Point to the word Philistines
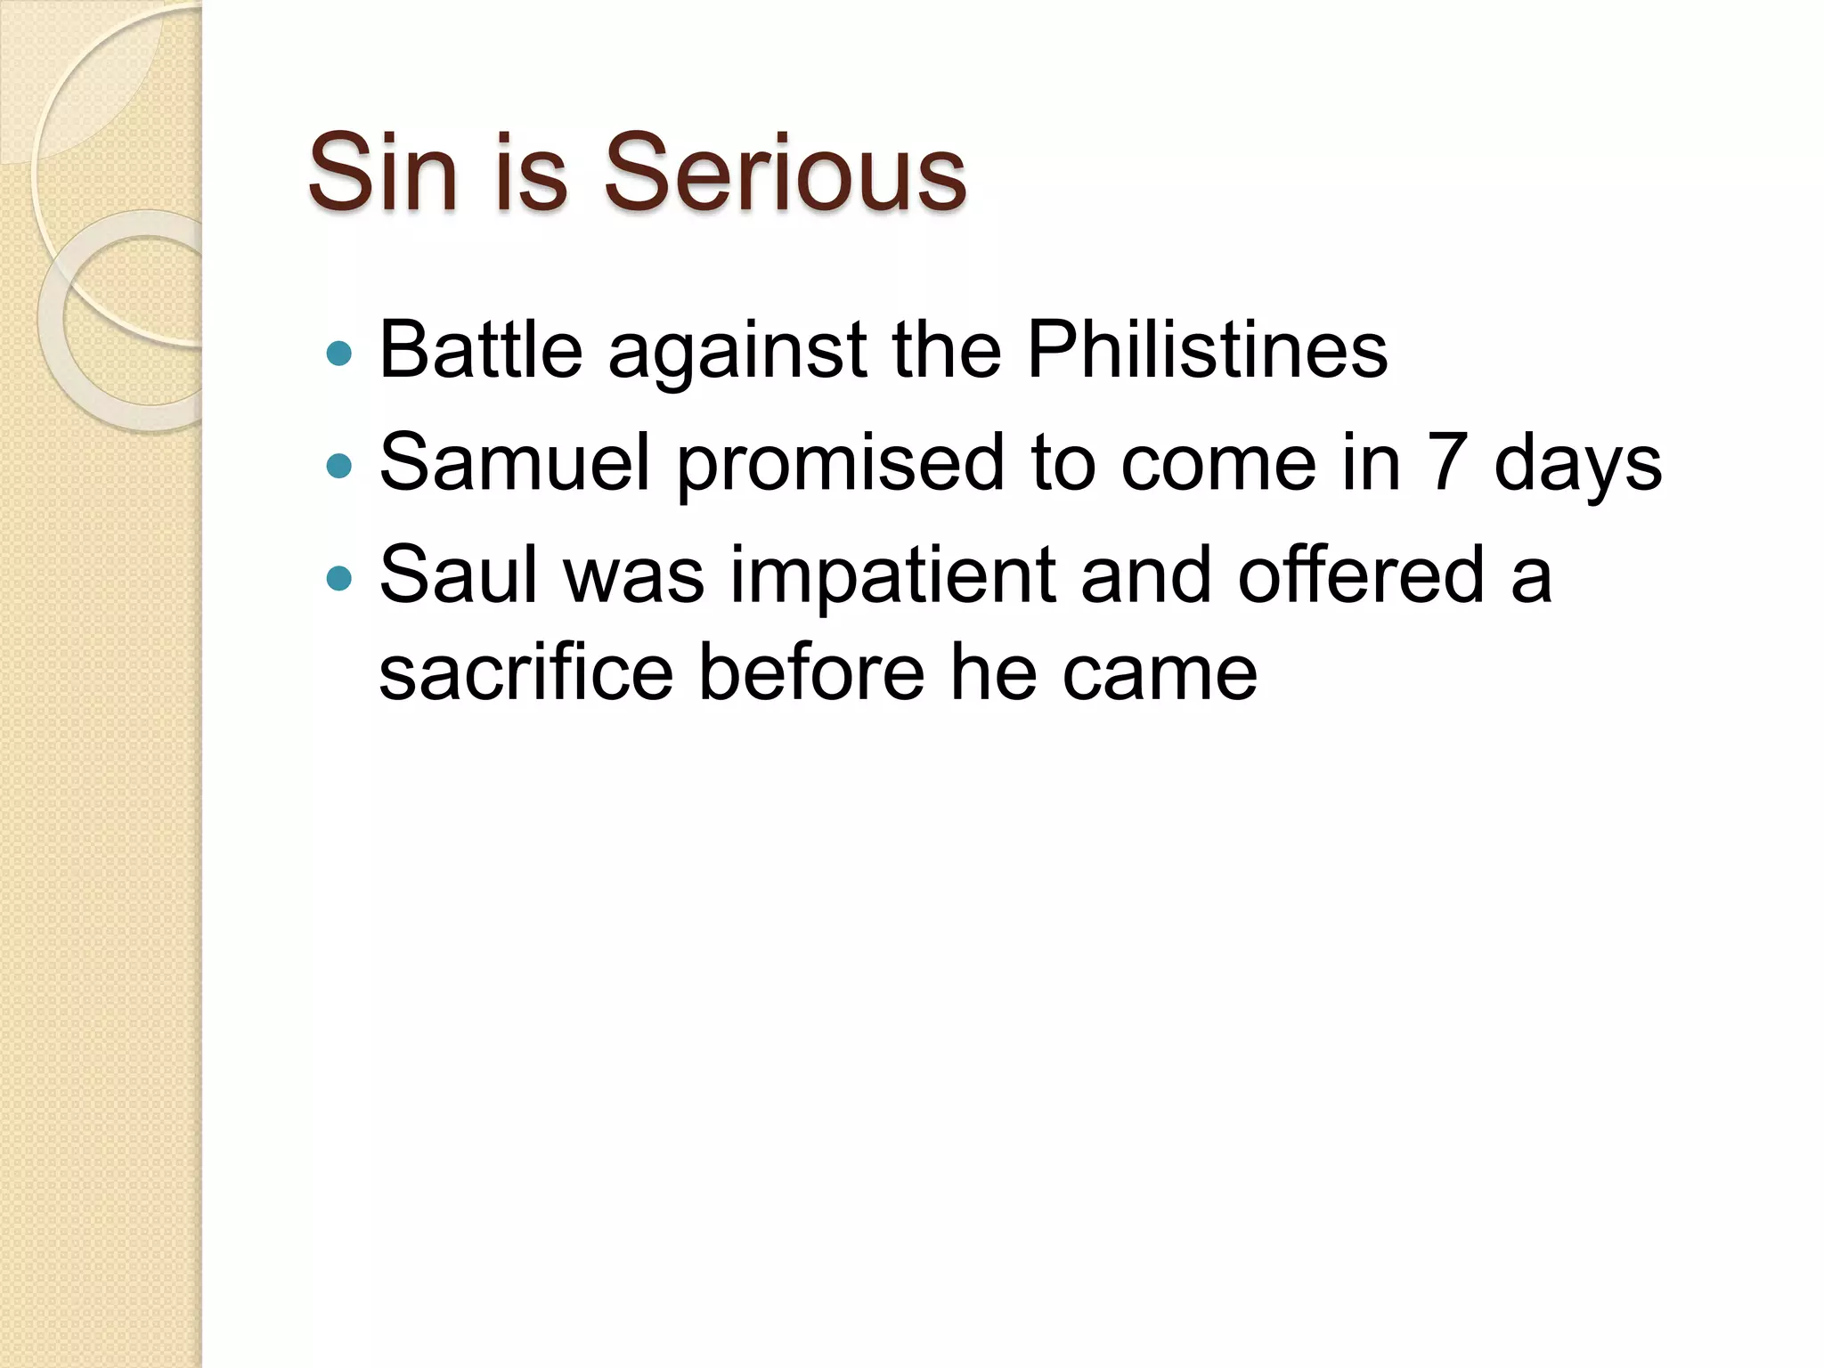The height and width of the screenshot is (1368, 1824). click(1207, 350)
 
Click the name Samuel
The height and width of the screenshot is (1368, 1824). click(516, 462)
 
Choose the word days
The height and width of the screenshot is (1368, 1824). click(1577, 464)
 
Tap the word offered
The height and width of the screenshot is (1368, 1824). click(1361, 574)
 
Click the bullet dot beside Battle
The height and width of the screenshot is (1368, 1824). click(339, 354)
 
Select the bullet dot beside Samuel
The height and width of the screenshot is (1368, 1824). click(339, 466)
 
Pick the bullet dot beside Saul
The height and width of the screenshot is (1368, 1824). click(339, 579)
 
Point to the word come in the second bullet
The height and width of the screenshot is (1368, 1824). click(1217, 464)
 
